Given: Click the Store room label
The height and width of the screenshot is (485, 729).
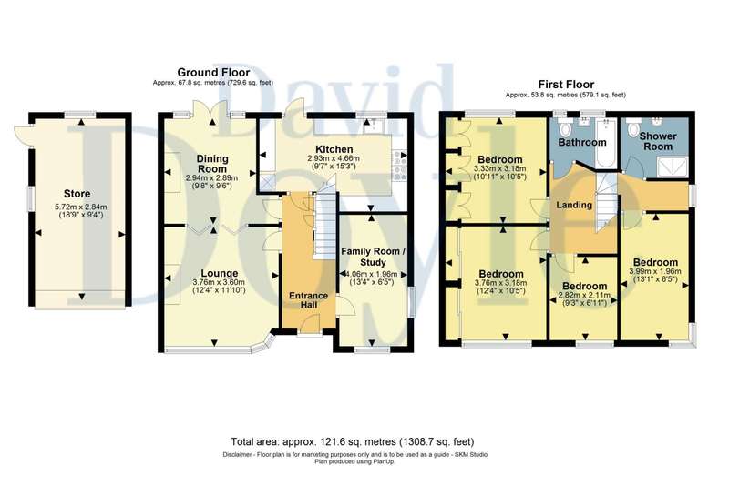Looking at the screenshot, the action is pos(77,194).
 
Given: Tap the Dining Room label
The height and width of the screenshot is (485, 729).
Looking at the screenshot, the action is pos(212,164).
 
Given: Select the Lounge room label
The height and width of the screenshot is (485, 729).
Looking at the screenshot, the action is pos(220,273).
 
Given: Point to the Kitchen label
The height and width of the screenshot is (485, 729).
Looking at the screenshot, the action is pos(334,149).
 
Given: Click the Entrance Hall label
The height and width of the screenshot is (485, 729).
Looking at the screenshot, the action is pos(309,299).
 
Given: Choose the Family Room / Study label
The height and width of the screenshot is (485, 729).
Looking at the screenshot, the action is pos(374,257).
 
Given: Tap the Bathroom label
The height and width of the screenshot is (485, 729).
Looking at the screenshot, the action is pos(582,142).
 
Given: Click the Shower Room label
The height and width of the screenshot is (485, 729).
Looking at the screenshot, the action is pos(657,141).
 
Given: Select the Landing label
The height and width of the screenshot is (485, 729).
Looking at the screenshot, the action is pos(574,205).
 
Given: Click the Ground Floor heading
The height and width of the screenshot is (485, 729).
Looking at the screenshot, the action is pos(213,73).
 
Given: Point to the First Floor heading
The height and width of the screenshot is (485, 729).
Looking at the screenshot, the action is pos(566,85).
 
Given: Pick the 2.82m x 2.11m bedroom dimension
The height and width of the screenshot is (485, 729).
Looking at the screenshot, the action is pos(584,295).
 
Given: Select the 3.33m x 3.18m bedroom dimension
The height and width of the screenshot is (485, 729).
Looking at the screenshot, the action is pos(499,168).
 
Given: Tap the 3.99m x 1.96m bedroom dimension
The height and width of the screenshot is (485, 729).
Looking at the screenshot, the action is pos(654,271).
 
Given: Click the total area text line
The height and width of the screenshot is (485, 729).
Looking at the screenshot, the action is pos(353,441).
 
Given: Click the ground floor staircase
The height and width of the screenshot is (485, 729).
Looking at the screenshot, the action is pos(325,226).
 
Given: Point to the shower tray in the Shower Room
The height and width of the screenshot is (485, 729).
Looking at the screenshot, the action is pos(671,167).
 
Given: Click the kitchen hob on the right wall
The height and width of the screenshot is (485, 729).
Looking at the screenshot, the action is pos(399,167).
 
